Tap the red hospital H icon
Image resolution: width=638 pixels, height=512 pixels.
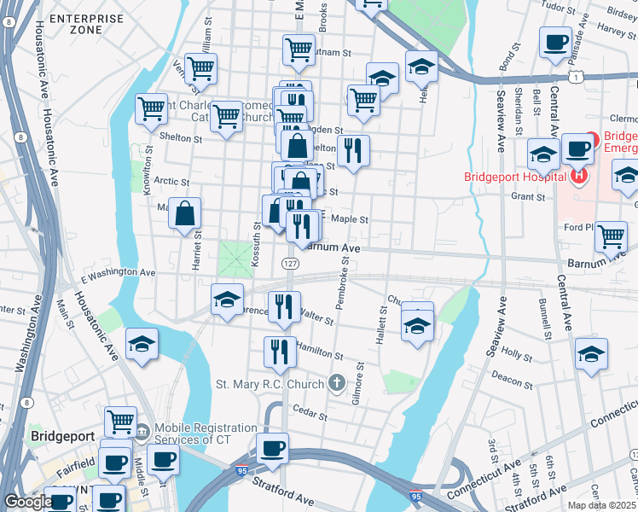click(579, 177)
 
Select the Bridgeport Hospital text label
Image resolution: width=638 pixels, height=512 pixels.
click(514, 177)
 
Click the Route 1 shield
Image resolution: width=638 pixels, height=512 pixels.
click(577, 78)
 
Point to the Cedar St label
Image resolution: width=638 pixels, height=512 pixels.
click(310, 416)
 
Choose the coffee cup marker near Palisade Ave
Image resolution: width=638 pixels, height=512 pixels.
click(555, 43)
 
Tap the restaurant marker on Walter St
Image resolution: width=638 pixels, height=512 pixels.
click(284, 306)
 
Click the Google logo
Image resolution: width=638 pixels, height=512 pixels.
click(28, 502)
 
